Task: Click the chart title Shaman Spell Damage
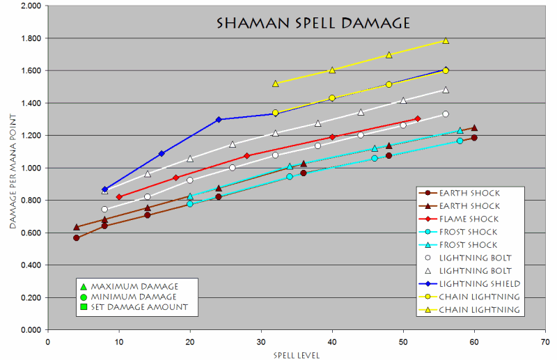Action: pyautogui.click(x=313, y=23)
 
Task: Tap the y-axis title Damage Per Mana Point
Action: pyautogui.click(x=12, y=167)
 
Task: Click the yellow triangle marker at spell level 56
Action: pyautogui.click(x=446, y=40)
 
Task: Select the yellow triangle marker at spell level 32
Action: pyautogui.click(x=276, y=84)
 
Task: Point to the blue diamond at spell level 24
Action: pyautogui.click(x=219, y=120)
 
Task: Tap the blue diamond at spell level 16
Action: pyautogui.click(x=162, y=153)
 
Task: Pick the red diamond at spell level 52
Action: pyautogui.click(x=418, y=119)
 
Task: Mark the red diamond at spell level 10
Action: pyautogui.click(x=119, y=197)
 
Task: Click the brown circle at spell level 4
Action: pyautogui.click(x=76, y=238)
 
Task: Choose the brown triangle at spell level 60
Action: pyautogui.click(x=474, y=127)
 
